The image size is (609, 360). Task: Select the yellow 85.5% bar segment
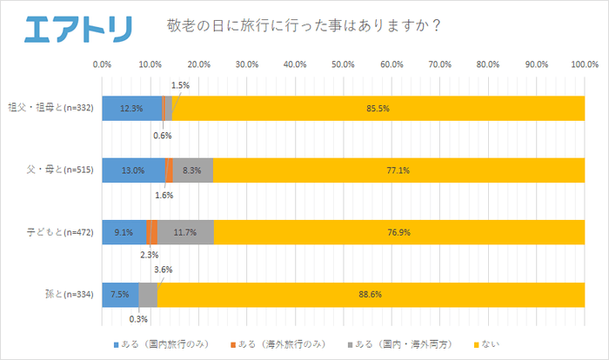click(x=378, y=108)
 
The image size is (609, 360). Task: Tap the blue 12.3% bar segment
click(x=130, y=108)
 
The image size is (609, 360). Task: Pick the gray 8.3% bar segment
click(x=192, y=170)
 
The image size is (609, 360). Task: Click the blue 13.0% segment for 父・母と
click(x=133, y=170)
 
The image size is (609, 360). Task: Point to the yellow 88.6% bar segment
click(x=371, y=295)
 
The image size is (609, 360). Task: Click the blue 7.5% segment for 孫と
click(x=120, y=295)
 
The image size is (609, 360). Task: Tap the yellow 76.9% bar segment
click(x=398, y=232)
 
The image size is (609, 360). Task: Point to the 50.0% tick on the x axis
click(x=343, y=64)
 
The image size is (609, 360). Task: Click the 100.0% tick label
click(x=584, y=64)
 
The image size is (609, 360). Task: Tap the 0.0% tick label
click(x=102, y=64)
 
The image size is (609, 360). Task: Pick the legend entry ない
click(x=492, y=343)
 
